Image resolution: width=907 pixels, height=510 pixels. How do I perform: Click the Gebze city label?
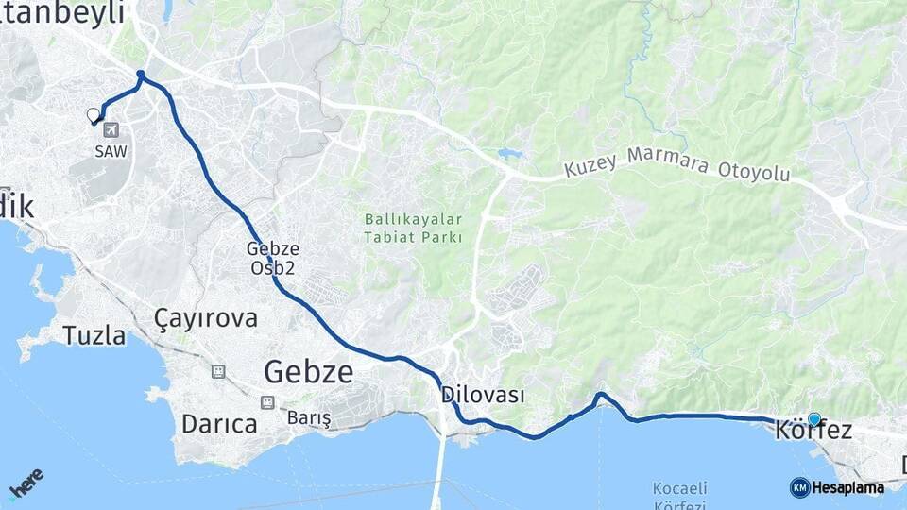click(308, 371)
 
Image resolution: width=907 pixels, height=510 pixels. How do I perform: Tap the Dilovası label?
click(482, 395)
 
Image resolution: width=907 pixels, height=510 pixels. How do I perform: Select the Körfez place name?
click(813, 432)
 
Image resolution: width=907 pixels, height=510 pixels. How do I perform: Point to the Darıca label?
click(219, 424)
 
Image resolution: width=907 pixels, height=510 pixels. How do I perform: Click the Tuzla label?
click(94, 335)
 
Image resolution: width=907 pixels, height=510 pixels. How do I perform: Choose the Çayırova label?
click(206, 318)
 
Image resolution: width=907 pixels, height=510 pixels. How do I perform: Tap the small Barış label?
click(309, 417)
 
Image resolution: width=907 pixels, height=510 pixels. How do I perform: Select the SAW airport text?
click(111, 150)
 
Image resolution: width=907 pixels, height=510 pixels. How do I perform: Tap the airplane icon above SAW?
click(111, 129)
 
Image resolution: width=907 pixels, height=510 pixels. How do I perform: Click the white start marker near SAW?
click(94, 115)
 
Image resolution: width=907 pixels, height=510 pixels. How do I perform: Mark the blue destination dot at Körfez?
click(813, 418)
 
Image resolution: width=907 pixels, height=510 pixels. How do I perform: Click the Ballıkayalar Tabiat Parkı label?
click(414, 228)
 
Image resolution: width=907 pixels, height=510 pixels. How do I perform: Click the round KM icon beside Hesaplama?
click(799, 487)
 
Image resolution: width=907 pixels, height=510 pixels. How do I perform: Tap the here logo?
click(26, 483)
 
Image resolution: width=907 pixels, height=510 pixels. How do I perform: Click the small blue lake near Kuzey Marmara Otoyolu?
click(509, 153)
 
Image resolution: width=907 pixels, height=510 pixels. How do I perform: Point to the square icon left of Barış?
click(267, 402)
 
